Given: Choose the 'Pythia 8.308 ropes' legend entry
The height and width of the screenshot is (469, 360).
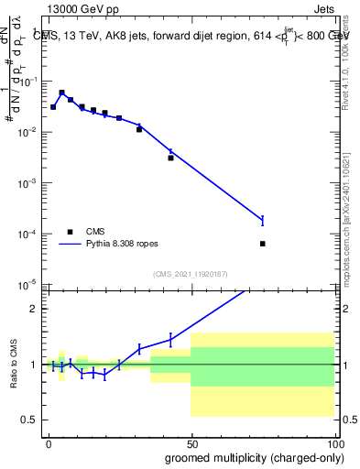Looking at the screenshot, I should click(x=109, y=245).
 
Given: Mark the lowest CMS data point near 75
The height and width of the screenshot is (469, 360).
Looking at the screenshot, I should click(x=263, y=244).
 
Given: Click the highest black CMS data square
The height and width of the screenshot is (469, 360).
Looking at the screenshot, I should click(x=61, y=93).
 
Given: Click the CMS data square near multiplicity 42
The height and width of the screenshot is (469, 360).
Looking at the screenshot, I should click(x=170, y=158).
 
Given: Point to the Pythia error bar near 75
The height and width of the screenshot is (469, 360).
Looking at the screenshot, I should click(x=263, y=220).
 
